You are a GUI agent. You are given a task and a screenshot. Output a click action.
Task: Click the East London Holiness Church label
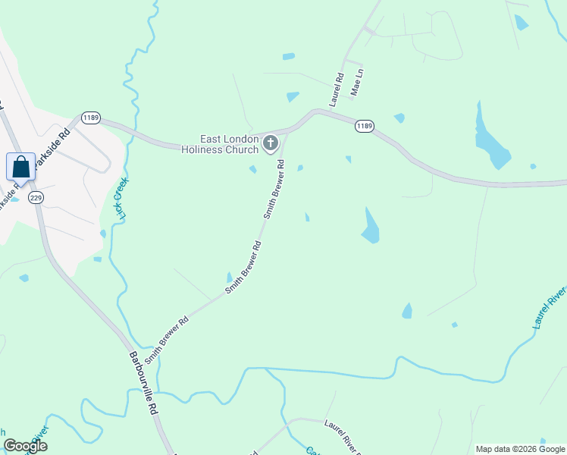point(220,144)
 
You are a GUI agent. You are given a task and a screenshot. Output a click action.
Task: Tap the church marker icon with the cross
point(271,143)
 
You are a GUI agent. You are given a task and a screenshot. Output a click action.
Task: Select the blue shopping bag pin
point(21,167)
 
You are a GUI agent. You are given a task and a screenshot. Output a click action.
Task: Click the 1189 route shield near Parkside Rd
point(91,118)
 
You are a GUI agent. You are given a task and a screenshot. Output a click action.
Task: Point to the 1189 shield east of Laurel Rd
point(364,126)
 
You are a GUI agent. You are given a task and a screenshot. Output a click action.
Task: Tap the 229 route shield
point(35,197)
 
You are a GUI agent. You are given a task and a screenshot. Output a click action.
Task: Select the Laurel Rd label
point(337,89)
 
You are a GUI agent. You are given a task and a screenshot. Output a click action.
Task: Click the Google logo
point(25,446)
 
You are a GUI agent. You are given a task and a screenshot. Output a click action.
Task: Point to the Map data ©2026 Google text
point(518,449)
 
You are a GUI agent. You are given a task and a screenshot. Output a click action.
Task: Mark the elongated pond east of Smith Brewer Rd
point(370,227)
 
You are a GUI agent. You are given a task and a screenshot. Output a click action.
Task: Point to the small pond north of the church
point(293,97)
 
